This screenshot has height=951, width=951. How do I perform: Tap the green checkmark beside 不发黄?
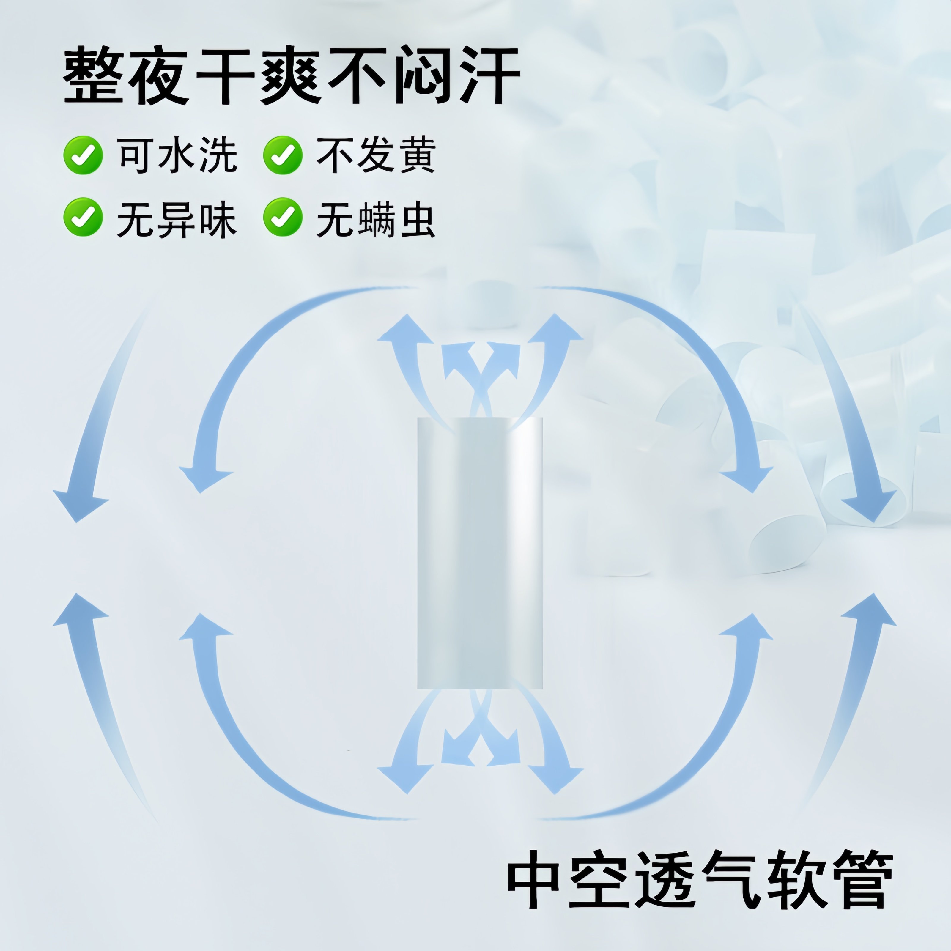coord(283,155)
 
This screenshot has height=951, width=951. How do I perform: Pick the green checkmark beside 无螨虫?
coord(283,217)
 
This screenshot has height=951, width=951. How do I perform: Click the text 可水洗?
coord(177,155)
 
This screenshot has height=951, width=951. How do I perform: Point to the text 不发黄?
coord(376,155)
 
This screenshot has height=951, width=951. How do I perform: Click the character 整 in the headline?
coord(94,75)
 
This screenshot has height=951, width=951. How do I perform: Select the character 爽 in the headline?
coord(290,75)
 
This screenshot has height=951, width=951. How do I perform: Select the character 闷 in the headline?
coord(423,75)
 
